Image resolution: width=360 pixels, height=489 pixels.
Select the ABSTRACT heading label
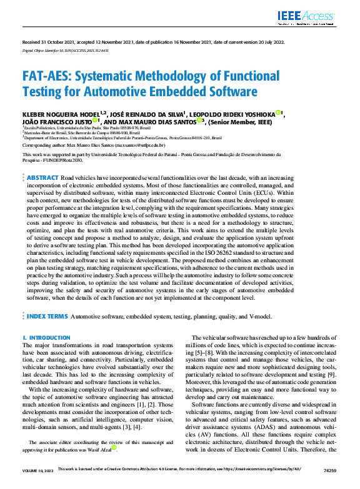click(x=43, y=161)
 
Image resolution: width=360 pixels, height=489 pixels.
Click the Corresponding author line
click(x=93, y=144)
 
